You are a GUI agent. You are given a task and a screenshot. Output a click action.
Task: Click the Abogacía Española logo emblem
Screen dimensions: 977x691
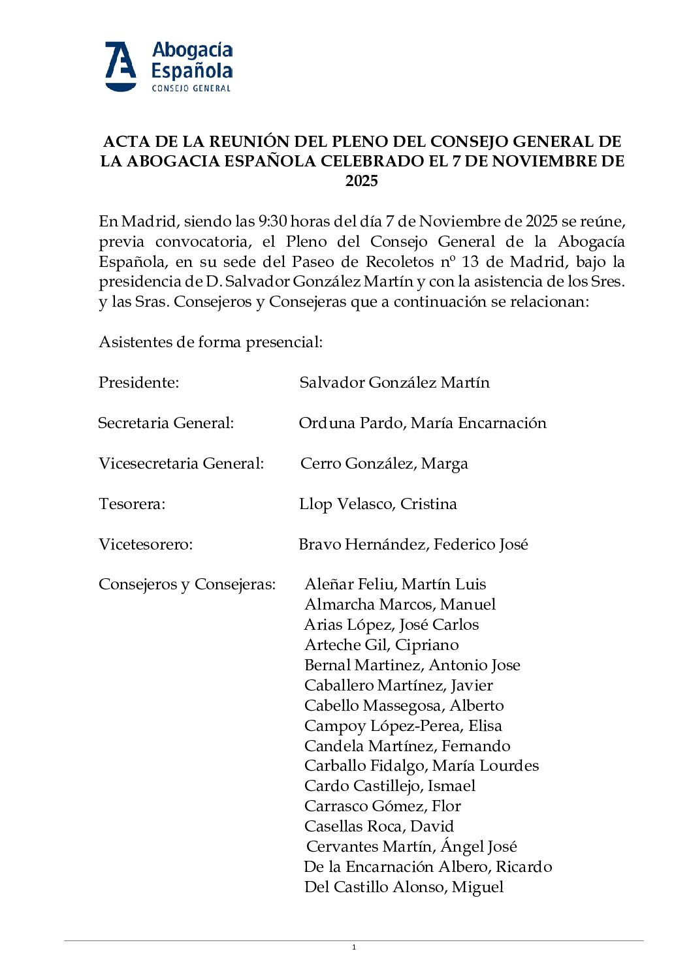[x=121, y=67]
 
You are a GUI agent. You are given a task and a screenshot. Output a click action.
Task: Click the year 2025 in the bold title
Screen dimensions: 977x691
[x=362, y=181]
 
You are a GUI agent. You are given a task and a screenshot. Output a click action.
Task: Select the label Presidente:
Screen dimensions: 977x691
[x=138, y=382]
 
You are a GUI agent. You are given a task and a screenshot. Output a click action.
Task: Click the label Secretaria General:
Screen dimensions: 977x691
[x=166, y=423]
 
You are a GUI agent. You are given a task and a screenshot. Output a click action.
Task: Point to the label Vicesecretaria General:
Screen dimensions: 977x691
[x=181, y=463]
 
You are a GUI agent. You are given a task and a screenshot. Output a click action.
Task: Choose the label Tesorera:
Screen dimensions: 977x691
[x=132, y=504]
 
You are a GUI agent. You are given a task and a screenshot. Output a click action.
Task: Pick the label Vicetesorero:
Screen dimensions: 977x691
[x=146, y=544]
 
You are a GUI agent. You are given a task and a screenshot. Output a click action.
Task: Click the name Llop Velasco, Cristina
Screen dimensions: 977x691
[x=378, y=504]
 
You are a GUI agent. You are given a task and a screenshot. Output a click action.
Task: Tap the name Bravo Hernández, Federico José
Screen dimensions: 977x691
[x=413, y=544]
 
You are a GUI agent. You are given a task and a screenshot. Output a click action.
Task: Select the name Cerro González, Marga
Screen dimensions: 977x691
[x=384, y=463]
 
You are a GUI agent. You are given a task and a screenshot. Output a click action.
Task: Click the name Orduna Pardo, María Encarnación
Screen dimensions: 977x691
[x=422, y=423]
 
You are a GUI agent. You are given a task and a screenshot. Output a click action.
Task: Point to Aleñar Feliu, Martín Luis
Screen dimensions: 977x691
[x=395, y=584]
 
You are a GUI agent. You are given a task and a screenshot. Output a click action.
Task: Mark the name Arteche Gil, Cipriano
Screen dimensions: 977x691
[x=381, y=645]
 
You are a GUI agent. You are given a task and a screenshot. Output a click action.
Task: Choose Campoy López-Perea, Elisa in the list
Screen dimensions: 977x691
[x=403, y=726]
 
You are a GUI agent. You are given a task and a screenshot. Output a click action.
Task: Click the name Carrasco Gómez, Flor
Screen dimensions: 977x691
[x=383, y=806]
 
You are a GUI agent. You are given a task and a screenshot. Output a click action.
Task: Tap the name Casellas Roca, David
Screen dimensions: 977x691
[x=379, y=826]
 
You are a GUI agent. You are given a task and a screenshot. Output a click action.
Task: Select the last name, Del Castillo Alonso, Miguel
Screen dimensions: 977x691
[x=404, y=887]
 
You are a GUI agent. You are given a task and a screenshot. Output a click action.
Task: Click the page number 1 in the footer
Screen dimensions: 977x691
[x=354, y=948]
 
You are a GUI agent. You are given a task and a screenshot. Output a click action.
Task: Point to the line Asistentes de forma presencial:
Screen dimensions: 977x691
[x=210, y=342]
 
